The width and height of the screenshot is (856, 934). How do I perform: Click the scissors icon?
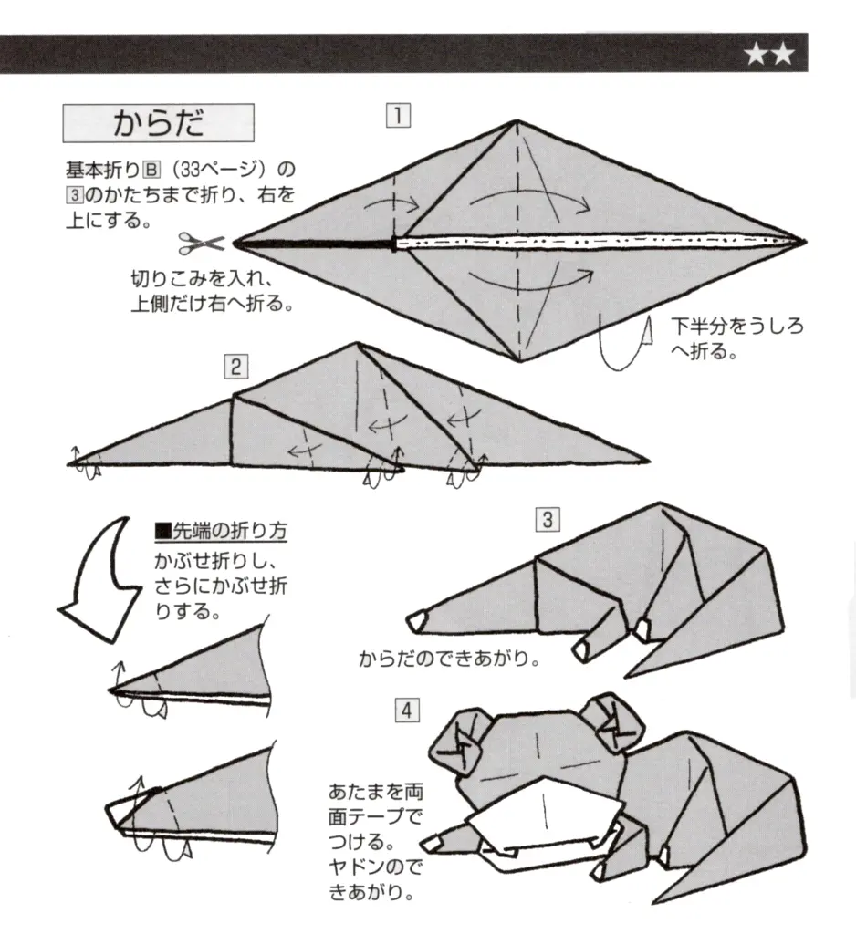click(x=201, y=244)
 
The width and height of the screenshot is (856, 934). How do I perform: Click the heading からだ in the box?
click(x=157, y=124)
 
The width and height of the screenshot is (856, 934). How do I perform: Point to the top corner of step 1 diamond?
click(x=517, y=122)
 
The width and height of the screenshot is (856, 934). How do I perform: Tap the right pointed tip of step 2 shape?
click(x=647, y=462)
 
